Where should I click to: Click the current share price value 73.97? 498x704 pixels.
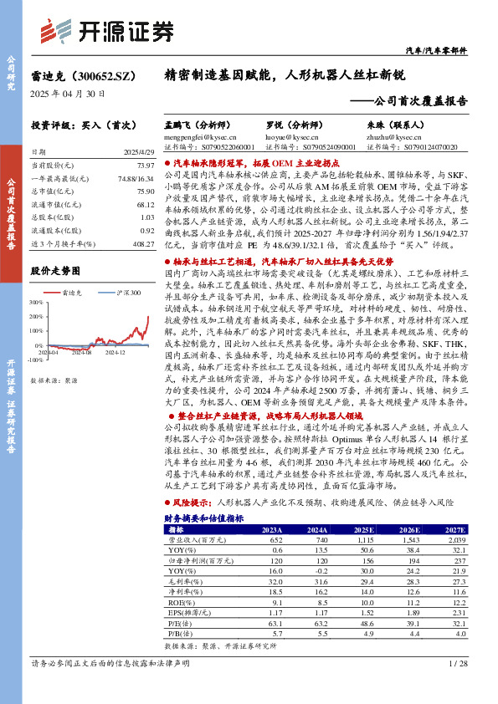click(x=144, y=166)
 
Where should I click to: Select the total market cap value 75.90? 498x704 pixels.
click(x=144, y=190)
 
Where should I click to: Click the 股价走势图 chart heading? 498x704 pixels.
click(x=55, y=271)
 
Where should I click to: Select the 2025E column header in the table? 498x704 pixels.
click(x=363, y=529)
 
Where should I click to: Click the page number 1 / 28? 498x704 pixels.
click(x=457, y=663)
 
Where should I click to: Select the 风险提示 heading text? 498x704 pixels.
click(x=193, y=504)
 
